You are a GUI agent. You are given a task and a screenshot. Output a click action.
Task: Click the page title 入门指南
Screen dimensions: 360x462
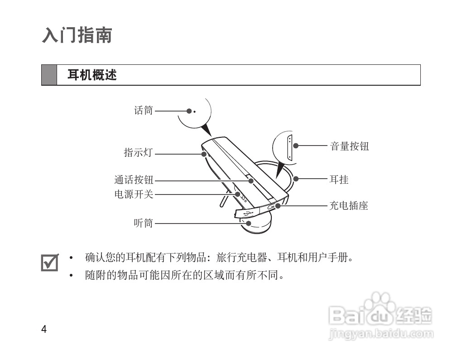point(77,35)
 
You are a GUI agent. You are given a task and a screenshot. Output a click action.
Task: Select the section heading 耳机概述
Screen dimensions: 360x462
point(92,75)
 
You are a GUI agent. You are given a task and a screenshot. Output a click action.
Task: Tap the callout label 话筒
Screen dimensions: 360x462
point(144,110)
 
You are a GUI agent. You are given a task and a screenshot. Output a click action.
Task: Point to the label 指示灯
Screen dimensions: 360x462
point(138,153)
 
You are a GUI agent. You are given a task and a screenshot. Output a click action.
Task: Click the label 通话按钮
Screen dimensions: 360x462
point(134,180)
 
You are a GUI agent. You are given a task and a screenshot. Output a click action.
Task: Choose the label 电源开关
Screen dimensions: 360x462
point(134,195)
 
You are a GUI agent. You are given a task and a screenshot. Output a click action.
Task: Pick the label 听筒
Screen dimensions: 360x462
point(144,223)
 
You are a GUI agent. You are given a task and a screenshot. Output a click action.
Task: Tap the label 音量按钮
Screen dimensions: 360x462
point(349,146)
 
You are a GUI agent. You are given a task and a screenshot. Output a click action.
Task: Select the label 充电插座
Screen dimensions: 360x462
point(348,205)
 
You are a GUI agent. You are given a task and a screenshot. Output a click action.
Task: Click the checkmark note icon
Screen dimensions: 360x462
point(50,262)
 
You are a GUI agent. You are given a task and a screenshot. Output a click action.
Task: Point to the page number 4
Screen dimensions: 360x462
point(44,329)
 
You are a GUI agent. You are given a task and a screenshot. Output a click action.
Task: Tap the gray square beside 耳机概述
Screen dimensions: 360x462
point(49,75)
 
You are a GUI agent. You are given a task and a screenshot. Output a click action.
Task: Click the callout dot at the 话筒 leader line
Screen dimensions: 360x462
point(189,111)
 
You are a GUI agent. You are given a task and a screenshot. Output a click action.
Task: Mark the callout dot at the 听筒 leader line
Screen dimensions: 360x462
point(248,223)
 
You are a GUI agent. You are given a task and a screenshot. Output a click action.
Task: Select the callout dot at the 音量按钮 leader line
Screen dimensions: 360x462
point(296,146)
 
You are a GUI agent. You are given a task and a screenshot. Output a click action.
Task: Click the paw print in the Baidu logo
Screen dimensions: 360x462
point(380,303)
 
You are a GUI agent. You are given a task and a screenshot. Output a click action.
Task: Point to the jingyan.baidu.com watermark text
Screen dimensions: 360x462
point(380,335)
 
